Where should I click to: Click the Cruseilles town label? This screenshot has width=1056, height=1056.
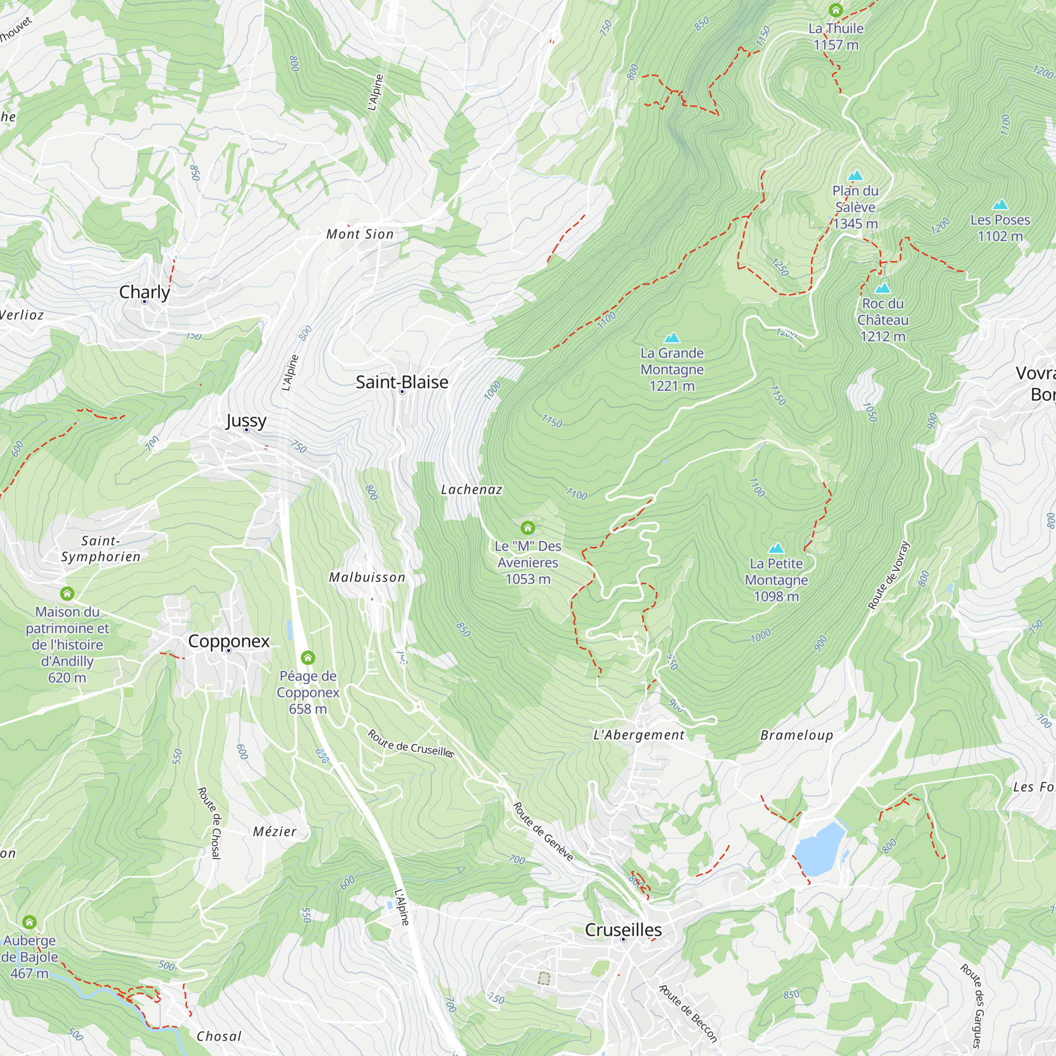pos(623,929)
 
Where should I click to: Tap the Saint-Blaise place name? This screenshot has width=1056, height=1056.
pos(402,382)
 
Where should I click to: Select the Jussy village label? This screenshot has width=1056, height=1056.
pos(246,420)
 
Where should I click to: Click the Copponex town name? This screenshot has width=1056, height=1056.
pos(229,640)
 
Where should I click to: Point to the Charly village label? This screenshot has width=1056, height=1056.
pos(144,292)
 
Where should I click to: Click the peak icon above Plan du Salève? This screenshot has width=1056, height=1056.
pos(855,175)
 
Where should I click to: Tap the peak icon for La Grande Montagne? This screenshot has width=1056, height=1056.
pos(672,338)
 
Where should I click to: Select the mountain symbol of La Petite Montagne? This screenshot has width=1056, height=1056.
pos(776,548)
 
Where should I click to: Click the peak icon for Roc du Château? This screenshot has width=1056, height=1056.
pos(882,289)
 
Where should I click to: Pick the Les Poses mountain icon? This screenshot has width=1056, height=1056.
pos(1000,205)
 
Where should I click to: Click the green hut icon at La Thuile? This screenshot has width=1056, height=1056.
pos(835,10)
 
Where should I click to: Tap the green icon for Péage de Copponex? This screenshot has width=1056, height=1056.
pos(308,657)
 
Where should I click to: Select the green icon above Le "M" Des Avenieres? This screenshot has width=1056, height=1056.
pos(527,527)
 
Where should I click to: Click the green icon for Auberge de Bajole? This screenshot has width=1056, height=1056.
pos(30,922)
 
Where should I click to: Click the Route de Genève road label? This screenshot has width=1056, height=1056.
pos(543,832)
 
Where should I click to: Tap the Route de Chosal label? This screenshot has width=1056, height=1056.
pos(209,823)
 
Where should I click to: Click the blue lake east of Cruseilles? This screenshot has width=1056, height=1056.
pos(819,848)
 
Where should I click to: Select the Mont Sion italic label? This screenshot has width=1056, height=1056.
pos(360,234)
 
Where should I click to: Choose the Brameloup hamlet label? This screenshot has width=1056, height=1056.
pos(796,735)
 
